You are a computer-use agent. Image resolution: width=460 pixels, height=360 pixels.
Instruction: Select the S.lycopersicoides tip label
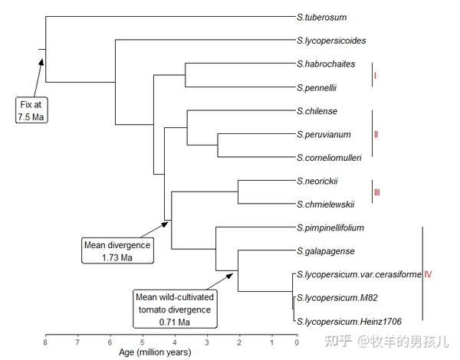click(330, 40)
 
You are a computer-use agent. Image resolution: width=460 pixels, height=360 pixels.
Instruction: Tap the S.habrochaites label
click(326, 64)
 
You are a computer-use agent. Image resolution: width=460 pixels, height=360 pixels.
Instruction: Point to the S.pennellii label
click(317, 87)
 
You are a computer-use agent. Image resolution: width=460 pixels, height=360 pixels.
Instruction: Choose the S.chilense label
click(317, 111)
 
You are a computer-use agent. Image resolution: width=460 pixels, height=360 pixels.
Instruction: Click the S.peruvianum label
click(324, 135)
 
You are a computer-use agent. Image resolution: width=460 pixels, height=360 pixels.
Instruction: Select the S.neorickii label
click(317, 181)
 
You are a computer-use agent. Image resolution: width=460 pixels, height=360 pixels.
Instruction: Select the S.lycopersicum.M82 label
click(331, 297)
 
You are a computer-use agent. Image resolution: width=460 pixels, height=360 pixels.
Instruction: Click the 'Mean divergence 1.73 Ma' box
click(117, 250)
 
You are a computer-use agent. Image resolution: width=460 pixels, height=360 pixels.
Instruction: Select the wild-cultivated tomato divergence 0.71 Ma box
click(175, 309)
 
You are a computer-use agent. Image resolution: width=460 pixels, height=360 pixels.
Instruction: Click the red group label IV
click(428, 274)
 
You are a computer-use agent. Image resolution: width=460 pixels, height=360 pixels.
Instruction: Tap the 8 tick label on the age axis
click(45, 343)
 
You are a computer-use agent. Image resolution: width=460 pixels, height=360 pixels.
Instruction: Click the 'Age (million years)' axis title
click(154, 353)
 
